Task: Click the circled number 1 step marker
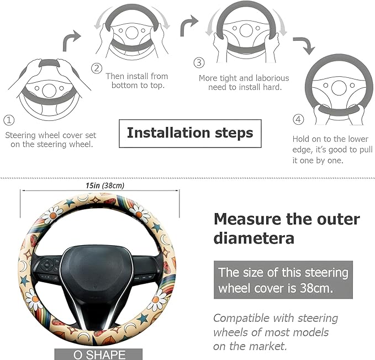(9, 119)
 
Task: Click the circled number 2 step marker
(97, 68)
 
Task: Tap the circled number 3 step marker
(199, 63)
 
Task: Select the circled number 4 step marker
(298, 119)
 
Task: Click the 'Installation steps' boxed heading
(190, 133)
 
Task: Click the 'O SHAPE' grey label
(98, 354)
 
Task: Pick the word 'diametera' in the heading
(254, 239)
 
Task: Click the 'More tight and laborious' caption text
(244, 78)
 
